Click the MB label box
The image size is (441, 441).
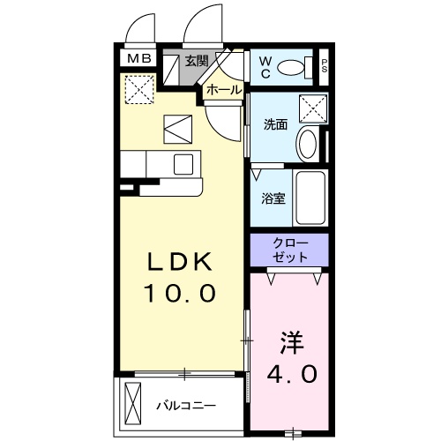point(138,59)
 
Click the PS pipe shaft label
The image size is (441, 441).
point(325,64)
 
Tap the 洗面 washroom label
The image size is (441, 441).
point(276,124)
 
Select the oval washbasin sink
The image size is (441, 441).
point(308,144)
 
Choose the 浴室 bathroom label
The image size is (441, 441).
point(272,198)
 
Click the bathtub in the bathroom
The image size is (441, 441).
point(310,198)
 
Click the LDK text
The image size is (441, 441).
point(179,263)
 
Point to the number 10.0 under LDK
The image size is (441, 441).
point(179,292)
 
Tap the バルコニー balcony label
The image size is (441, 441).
point(186,405)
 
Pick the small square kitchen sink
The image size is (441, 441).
point(183,163)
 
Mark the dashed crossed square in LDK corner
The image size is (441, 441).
point(138,89)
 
